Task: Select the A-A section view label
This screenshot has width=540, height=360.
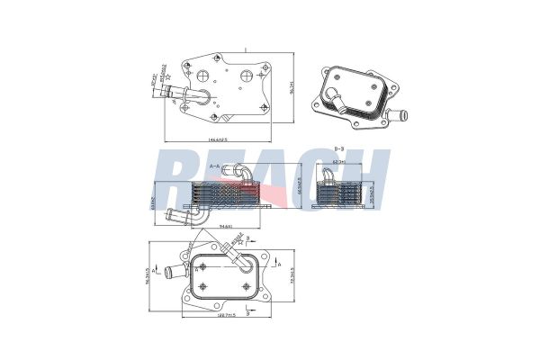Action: click(216, 166)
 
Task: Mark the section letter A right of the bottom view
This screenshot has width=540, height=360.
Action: click(283, 263)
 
